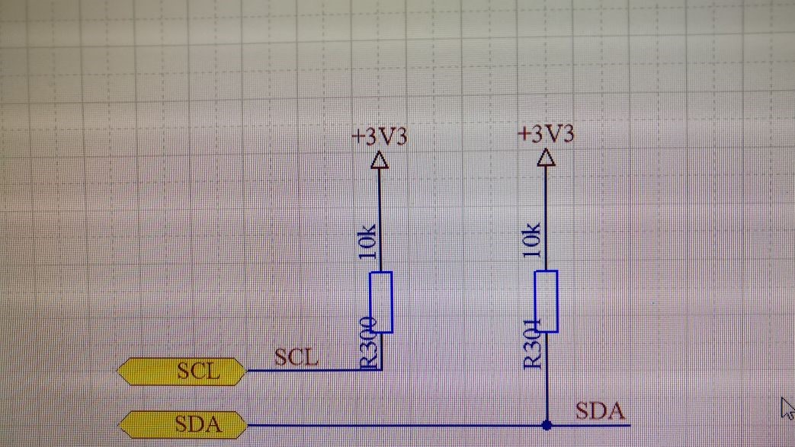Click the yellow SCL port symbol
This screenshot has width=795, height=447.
[182, 372]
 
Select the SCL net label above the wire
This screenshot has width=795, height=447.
[297, 356]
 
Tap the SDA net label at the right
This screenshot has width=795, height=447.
[601, 412]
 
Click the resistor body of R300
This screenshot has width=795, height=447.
[381, 302]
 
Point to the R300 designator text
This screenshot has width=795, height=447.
[368, 343]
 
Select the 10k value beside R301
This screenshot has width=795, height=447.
[533, 240]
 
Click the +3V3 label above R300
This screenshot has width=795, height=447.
[379, 136]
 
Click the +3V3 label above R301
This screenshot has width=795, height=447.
[546, 134]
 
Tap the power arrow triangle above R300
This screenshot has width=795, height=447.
[380, 160]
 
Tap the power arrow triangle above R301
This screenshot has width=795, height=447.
[546, 158]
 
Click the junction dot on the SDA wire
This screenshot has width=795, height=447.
[546, 424]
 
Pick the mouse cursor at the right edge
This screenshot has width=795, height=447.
[787, 407]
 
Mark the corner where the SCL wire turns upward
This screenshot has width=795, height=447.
[380, 370]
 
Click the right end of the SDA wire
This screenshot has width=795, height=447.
[630, 424]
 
